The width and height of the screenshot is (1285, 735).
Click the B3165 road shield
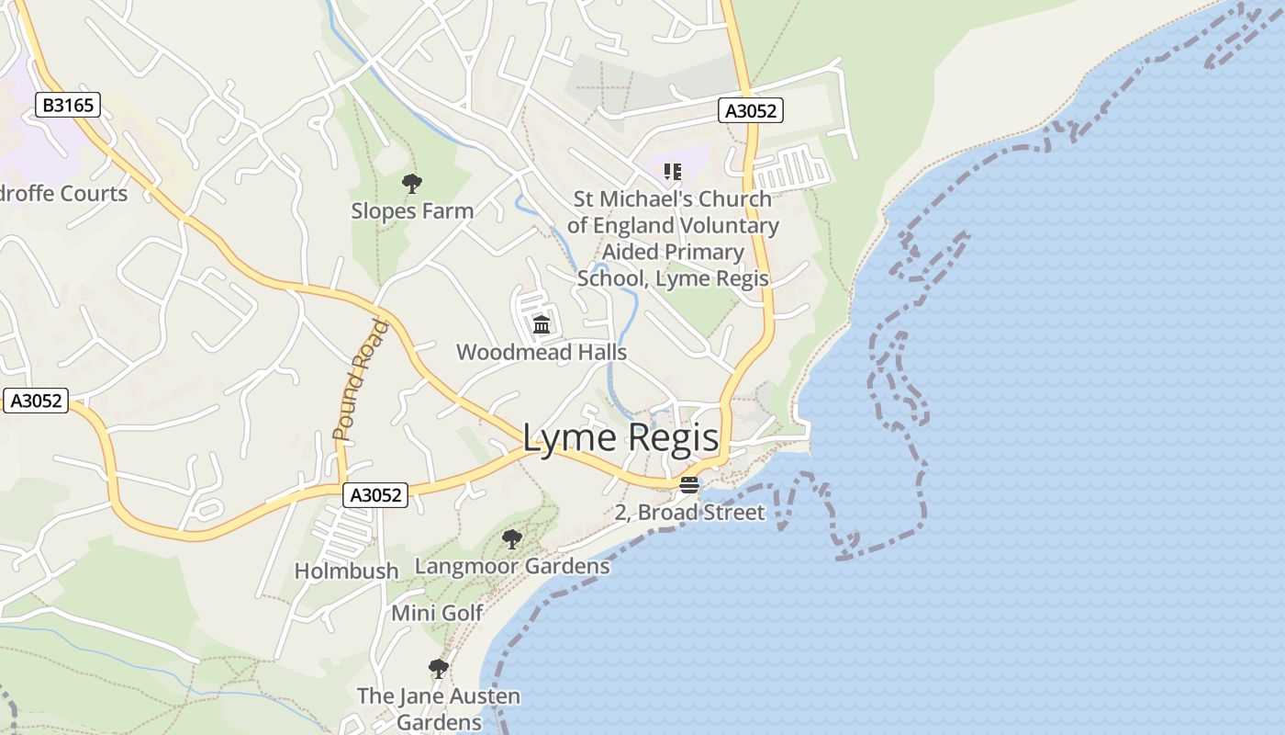pyautogui.click(x=69, y=105)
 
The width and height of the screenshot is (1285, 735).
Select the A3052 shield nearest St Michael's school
pyautogui.click(x=750, y=111)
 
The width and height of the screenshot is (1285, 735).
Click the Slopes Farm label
pyautogui.click(x=412, y=210)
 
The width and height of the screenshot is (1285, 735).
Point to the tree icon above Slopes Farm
pyautogui.click(x=412, y=184)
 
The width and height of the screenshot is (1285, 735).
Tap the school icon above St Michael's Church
pyautogui.click(x=673, y=171)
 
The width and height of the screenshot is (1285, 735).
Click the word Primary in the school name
pyautogui.click(x=698, y=252)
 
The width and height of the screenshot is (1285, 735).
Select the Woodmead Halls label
pyautogui.click(x=542, y=352)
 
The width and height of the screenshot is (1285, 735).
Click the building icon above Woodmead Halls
pyautogui.click(x=542, y=324)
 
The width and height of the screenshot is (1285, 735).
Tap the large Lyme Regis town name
pyautogui.click(x=620, y=437)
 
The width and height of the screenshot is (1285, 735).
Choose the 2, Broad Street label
pyautogui.click(x=689, y=513)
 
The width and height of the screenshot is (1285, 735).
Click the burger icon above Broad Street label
pyautogui.click(x=689, y=485)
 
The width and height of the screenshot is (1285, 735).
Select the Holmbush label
pyautogui.click(x=346, y=571)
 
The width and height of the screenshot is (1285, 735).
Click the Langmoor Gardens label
pyautogui.click(x=512, y=566)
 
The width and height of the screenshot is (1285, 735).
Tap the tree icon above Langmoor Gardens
pyautogui.click(x=512, y=539)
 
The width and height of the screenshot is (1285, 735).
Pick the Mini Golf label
pyautogui.click(x=437, y=613)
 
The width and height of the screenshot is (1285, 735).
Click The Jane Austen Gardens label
pyautogui.click(x=439, y=709)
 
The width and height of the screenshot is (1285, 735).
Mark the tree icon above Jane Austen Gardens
pyautogui.click(x=439, y=668)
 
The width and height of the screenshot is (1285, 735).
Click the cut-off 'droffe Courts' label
pyautogui.click(x=64, y=194)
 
